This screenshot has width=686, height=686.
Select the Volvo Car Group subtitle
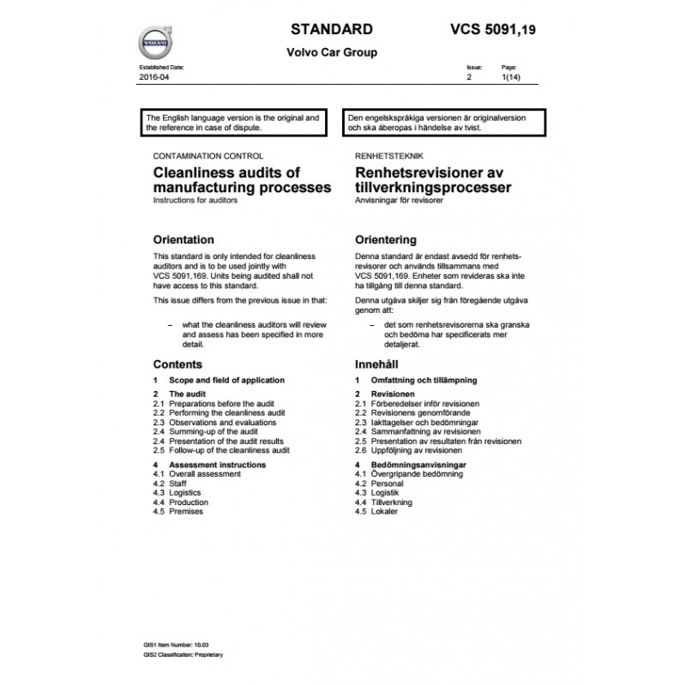(331, 51)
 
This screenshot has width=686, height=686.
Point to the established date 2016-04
(155, 77)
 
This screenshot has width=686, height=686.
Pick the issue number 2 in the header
(468, 77)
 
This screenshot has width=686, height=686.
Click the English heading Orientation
(183, 239)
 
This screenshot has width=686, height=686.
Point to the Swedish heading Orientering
(385, 239)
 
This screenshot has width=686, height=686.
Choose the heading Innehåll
(375, 364)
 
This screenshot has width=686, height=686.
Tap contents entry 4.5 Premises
(178, 511)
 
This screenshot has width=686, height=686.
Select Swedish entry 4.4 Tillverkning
(384, 503)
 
